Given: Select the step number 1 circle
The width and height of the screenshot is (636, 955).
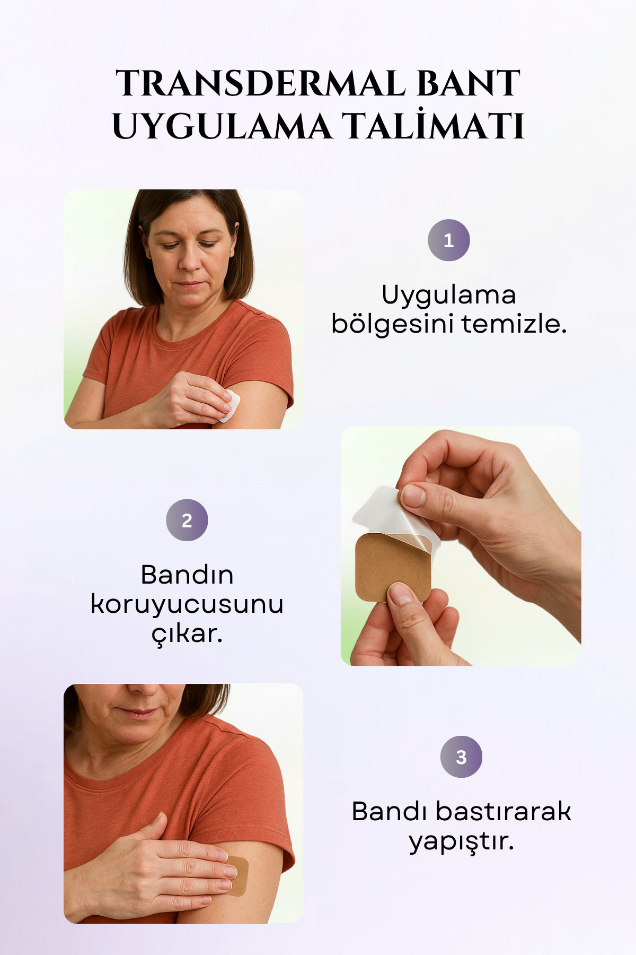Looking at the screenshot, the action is [449, 240].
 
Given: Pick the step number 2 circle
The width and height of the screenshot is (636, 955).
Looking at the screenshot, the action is [187, 520].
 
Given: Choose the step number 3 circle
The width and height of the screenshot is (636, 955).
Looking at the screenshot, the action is [461, 757].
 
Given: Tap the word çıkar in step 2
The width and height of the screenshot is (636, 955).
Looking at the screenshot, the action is [187, 633].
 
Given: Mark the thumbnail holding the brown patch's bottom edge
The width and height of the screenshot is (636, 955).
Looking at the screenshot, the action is [401, 594].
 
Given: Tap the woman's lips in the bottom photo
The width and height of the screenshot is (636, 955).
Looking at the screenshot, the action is [136, 713].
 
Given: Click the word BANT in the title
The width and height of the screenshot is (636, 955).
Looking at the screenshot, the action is [469, 83].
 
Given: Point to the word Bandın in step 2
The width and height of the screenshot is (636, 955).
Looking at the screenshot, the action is [187, 575].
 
